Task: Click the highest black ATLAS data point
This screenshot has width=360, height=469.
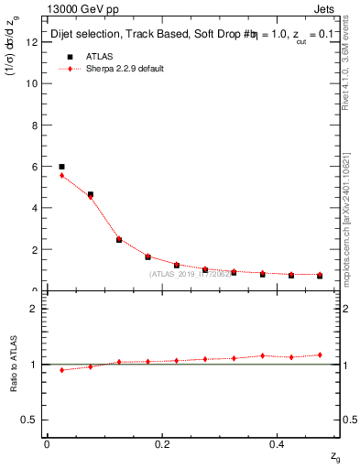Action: coord(61,167)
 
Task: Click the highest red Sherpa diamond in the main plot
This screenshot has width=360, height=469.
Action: coord(61,175)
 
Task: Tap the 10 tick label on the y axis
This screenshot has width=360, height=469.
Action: coord(32,83)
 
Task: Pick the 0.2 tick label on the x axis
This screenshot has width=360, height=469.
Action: coord(163,444)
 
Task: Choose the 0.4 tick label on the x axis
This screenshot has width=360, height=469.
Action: coord(279,444)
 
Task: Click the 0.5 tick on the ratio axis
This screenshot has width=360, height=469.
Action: coord(30,420)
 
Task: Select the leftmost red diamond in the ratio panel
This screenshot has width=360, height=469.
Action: coord(61,370)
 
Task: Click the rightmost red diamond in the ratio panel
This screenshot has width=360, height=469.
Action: coord(320,354)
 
